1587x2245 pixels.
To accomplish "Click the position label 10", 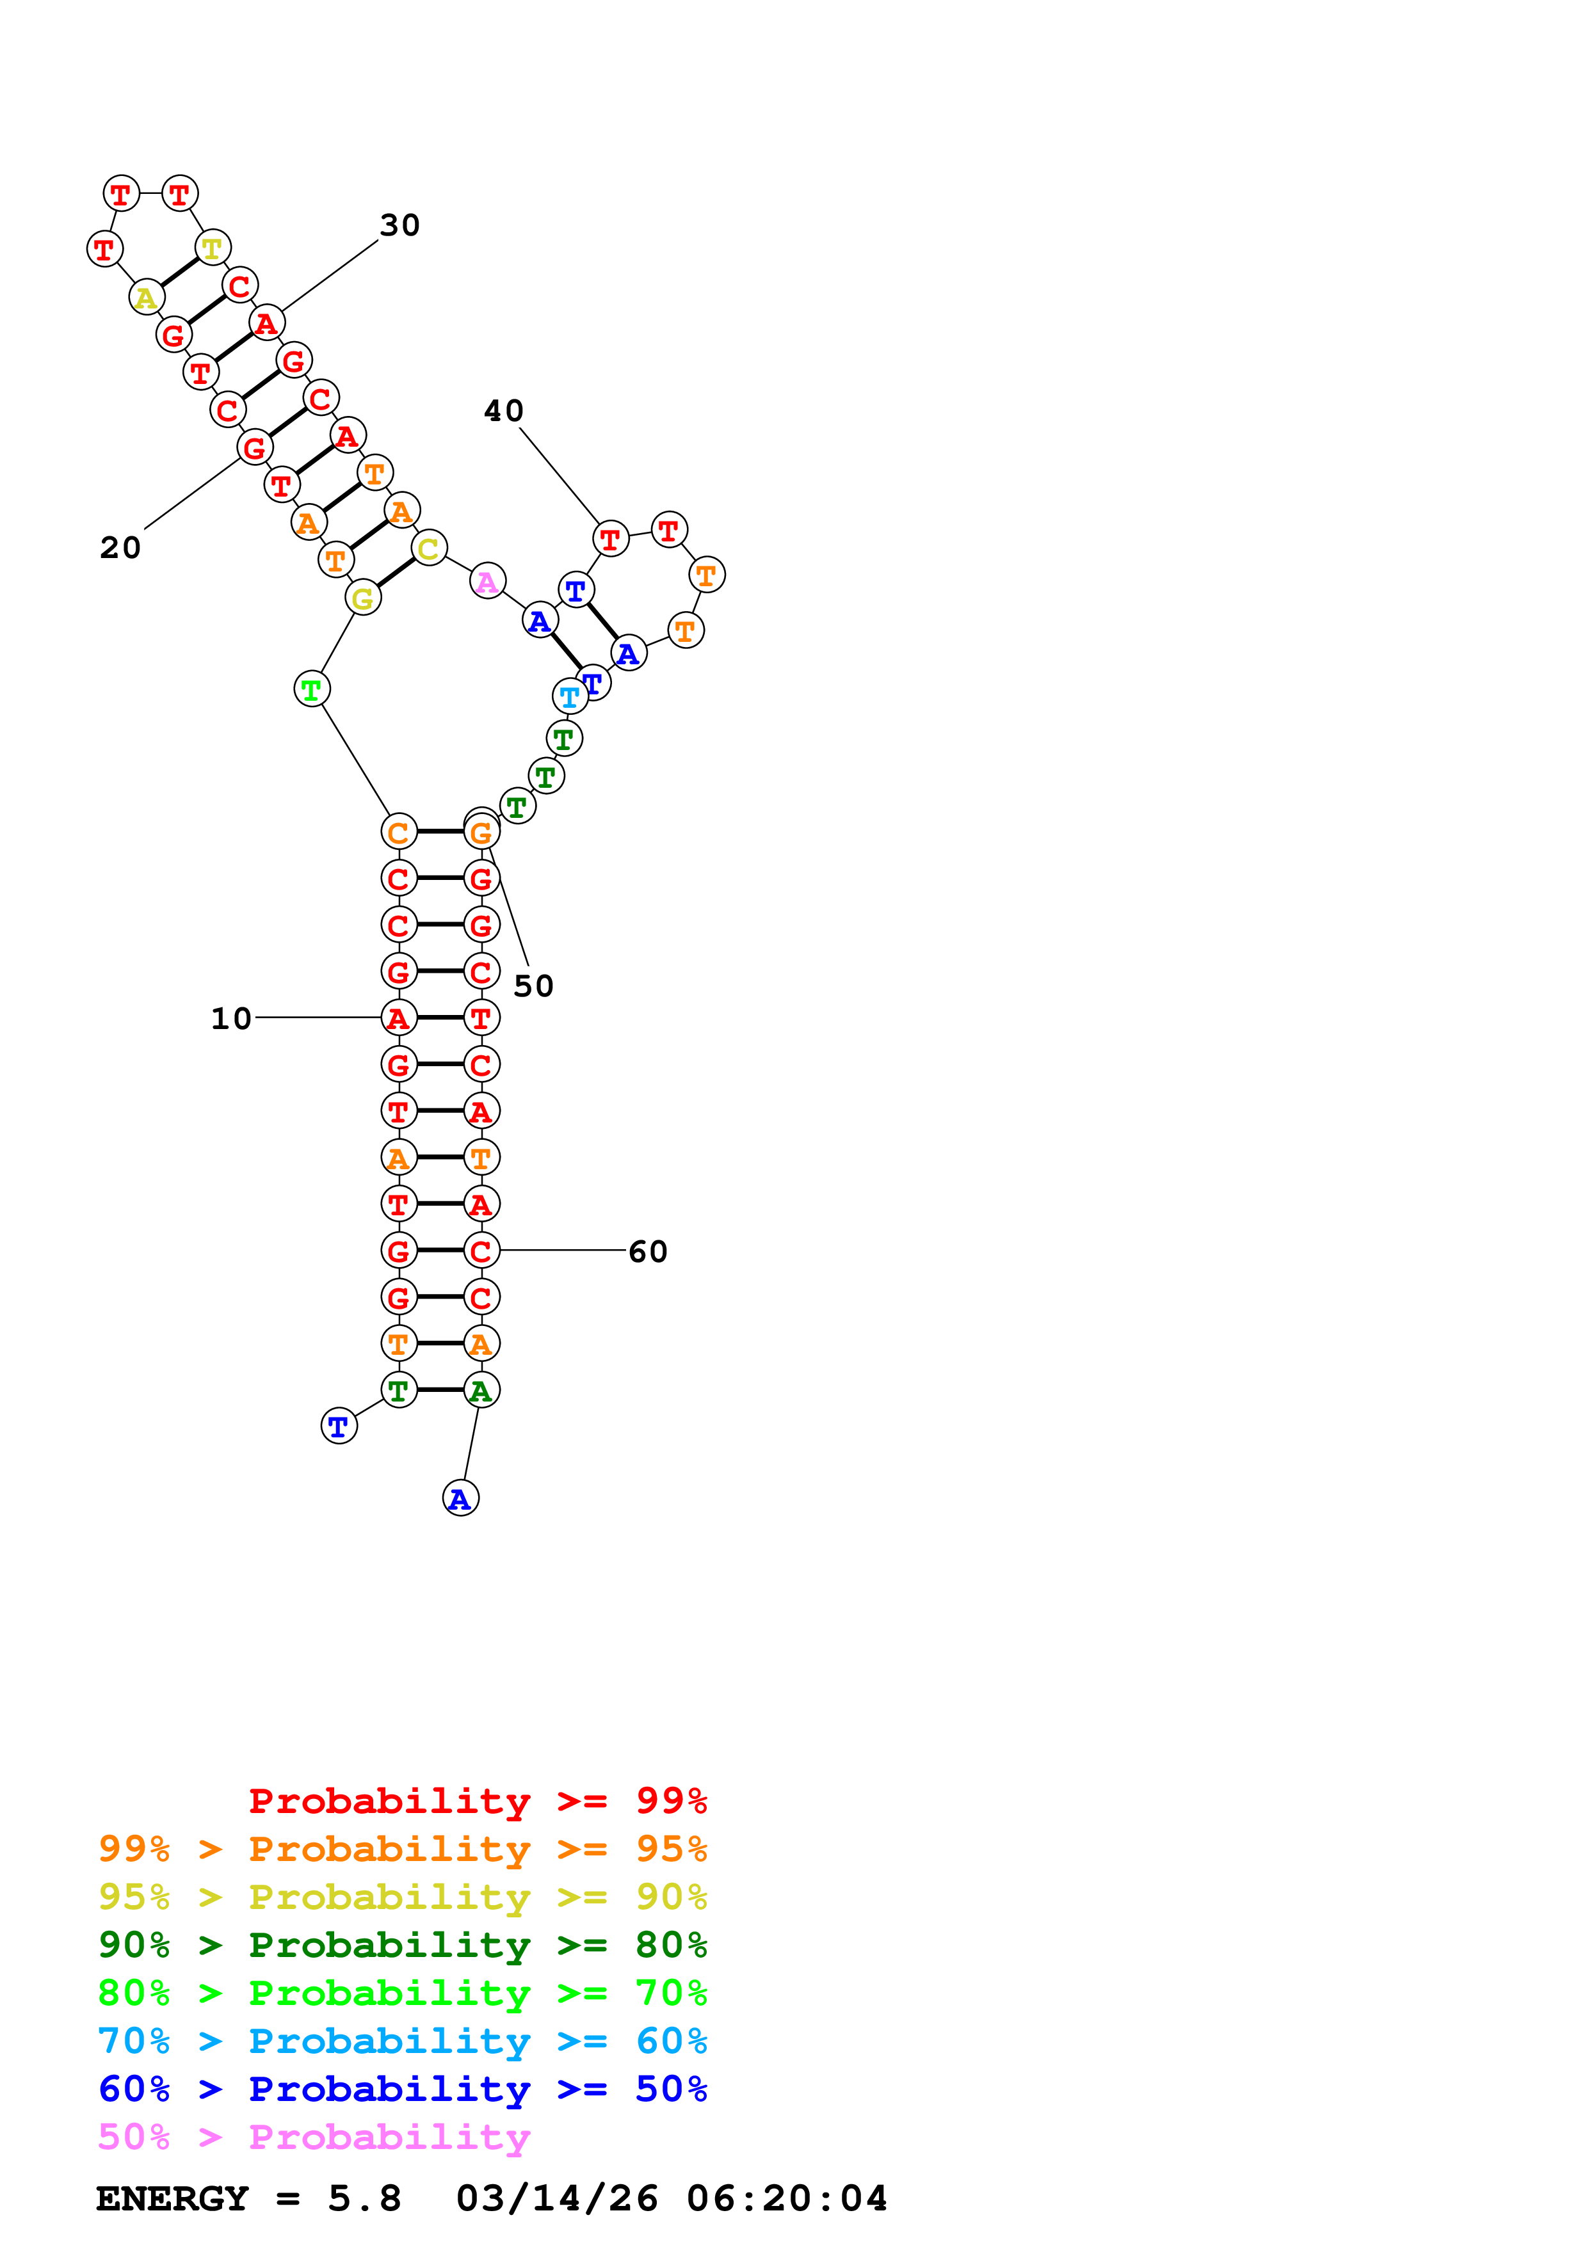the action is click(232, 1019).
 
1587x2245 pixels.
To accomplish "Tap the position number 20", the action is click(120, 548).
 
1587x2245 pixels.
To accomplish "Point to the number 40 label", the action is click(504, 411).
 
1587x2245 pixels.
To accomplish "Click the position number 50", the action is click(534, 986).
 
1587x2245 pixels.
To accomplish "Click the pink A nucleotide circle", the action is click(487, 582).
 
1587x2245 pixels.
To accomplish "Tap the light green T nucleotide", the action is click(312, 689).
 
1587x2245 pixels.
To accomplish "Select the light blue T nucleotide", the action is click(569, 697).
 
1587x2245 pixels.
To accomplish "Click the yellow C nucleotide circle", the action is click(428, 548).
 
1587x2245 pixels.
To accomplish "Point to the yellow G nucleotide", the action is click(363, 598).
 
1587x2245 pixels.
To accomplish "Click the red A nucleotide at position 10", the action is click(398, 1018).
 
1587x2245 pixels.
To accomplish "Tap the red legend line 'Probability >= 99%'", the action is click(478, 1801).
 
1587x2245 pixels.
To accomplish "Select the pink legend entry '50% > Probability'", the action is click(314, 2137).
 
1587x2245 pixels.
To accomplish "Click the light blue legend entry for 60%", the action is click(403, 2041).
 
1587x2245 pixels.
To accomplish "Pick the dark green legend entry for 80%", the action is click(403, 1945).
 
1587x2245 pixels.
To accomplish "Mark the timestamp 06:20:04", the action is click(787, 2199).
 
